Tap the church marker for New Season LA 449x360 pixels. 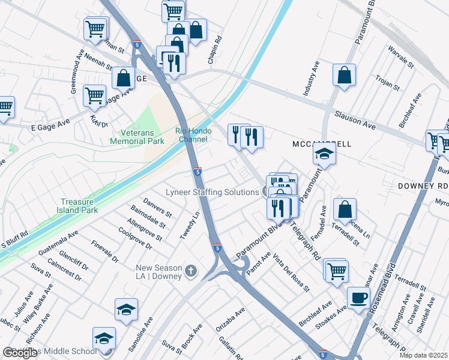coord(191,271)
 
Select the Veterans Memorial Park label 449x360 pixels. coord(137,137)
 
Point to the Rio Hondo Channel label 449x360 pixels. coord(191,135)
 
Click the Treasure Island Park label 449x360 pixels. coord(84,207)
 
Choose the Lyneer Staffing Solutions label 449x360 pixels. coord(212,193)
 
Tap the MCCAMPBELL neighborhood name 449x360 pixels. coord(322,145)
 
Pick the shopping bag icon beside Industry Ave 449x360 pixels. coord(345,76)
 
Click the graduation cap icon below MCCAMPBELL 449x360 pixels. coord(324,154)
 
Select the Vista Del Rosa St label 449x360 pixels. coord(291,272)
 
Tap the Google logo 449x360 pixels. coord(20,353)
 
